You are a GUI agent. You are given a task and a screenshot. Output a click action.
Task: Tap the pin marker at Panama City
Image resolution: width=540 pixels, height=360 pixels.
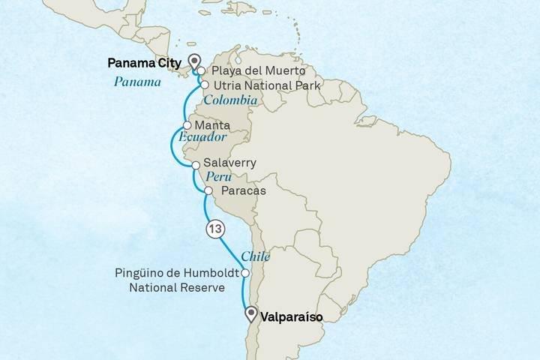(194, 61)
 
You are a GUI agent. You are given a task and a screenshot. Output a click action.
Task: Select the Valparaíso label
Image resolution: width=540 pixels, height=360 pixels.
(291, 317)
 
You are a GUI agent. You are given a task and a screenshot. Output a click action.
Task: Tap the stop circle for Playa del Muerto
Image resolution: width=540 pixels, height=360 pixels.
(202, 72)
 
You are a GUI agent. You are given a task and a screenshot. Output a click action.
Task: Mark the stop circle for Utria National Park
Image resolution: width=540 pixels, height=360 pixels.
(205, 85)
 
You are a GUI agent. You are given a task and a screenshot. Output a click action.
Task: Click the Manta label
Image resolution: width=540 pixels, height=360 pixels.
(211, 125)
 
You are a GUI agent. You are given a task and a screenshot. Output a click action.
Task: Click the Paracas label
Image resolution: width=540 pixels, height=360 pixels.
(244, 191)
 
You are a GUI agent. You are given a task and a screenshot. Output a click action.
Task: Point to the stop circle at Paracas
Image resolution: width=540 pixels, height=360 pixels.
(208, 191)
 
